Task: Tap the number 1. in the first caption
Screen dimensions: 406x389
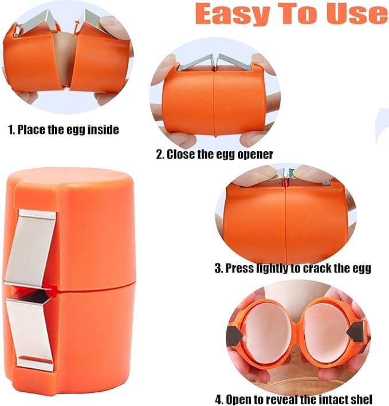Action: [x=11, y=129]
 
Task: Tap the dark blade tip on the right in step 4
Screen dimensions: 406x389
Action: [x=357, y=329]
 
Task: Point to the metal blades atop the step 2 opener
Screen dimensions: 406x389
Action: [x=211, y=62]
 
